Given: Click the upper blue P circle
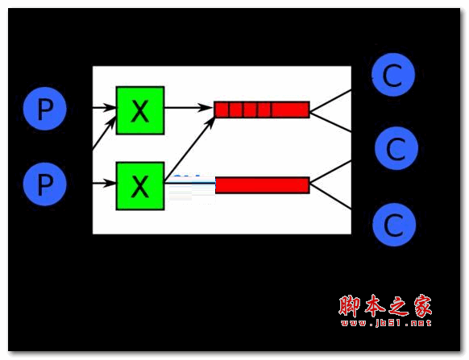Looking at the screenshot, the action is pos(45,109).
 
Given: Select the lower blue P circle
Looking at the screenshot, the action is pos(45,184).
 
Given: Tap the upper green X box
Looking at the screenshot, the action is pos(140,110).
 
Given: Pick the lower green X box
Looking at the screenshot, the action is pos(140,186).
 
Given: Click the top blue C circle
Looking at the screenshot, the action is pos(393,75).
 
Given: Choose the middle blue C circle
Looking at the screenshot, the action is pos(396,148).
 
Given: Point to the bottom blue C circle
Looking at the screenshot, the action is pos(394,225).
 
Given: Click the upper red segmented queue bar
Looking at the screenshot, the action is pos(262,110).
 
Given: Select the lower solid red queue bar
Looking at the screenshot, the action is pos(263,185).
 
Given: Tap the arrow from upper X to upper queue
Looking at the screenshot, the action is pos(189,107).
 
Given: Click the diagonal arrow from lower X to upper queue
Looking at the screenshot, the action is pos(189,149).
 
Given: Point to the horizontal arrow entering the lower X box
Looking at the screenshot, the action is pos(104,183).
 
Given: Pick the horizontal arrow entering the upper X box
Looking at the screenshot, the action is pos(104,107).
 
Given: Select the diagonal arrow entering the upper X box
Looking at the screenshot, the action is pos(104,132).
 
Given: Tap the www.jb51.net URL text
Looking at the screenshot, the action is pos(386,323).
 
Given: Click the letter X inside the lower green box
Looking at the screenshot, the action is pos(140,186).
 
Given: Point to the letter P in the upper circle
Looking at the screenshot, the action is pos(45,110).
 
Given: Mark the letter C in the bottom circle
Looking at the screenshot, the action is pos(393,226).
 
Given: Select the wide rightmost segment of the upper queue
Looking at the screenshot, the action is pos(290,110).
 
